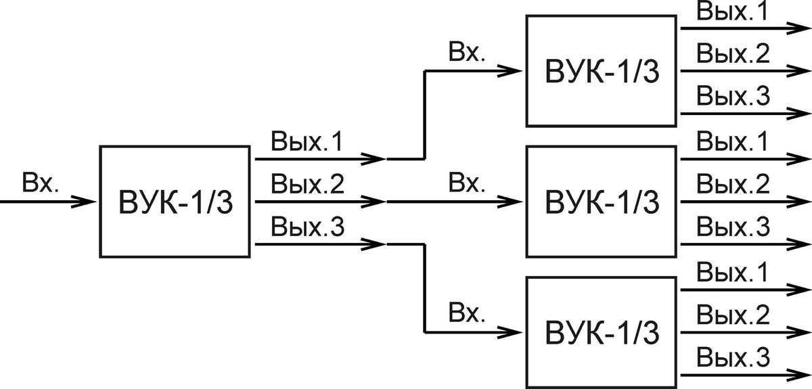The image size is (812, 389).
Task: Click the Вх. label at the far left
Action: [x=40, y=182]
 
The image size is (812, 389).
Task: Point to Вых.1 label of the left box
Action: [x=307, y=141]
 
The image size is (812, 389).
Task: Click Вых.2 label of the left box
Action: [x=307, y=184]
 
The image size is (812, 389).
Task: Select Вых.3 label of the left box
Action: [x=307, y=227]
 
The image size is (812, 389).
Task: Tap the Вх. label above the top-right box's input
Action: [x=466, y=51]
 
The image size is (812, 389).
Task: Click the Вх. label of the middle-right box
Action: [x=466, y=182]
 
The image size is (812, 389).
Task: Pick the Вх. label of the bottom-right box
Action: [x=466, y=313]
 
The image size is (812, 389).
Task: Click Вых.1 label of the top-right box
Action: [x=732, y=11]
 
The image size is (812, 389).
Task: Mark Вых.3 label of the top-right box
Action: [x=733, y=95]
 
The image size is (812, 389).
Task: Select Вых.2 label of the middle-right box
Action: [x=733, y=184]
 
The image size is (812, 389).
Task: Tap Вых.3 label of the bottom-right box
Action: [x=733, y=357]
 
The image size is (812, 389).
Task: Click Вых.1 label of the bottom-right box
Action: [x=732, y=272]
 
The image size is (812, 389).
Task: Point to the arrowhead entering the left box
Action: [x=83, y=202]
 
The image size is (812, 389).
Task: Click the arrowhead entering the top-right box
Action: [x=510, y=71]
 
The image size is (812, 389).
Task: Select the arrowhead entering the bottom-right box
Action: [x=510, y=332]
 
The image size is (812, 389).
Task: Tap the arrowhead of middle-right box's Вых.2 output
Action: [x=798, y=202]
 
